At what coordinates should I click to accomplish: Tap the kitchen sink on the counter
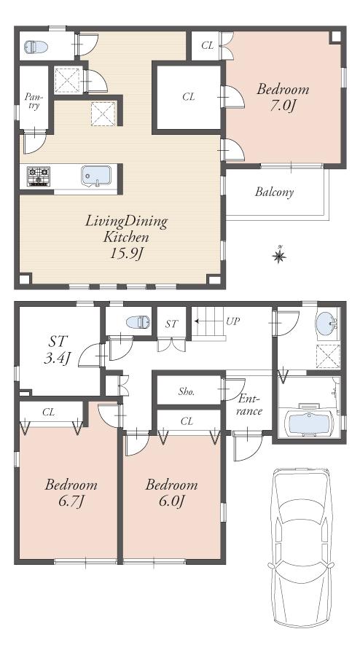(x=95, y=176)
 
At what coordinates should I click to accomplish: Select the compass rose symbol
(x=278, y=255)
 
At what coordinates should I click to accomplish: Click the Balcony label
(x=274, y=193)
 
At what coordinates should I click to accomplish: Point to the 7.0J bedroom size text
(x=283, y=106)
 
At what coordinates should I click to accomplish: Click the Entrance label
(x=249, y=405)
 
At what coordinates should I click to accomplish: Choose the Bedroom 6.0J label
(x=171, y=493)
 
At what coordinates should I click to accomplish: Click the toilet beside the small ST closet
(x=135, y=321)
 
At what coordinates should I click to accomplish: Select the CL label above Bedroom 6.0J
(x=187, y=421)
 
